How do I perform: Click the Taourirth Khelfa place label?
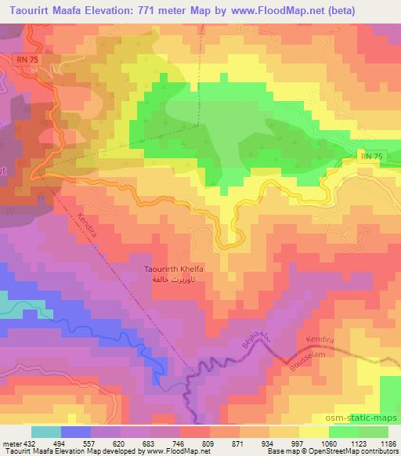pyautogui.click(x=174, y=269)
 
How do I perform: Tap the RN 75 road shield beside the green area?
pyautogui.click(x=373, y=157)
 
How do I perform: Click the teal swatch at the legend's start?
pyautogui.click(x=45, y=432)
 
